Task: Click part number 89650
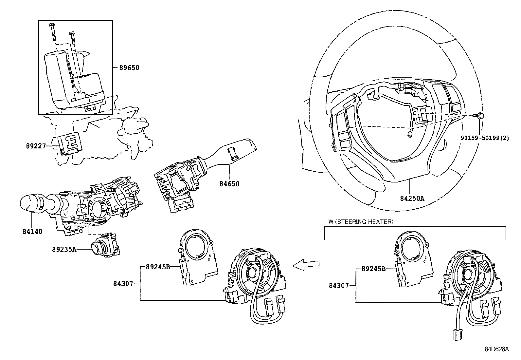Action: [x=129, y=68]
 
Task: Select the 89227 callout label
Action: [x=36, y=146]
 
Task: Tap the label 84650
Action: [x=229, y=184]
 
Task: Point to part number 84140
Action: [x=32, y=232]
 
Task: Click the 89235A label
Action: [x=64, y=249]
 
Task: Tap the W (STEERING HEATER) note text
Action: [x=361, y=222]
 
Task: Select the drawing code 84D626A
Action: [x=497, y=349]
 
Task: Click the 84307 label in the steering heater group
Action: [x=339, y=285]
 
